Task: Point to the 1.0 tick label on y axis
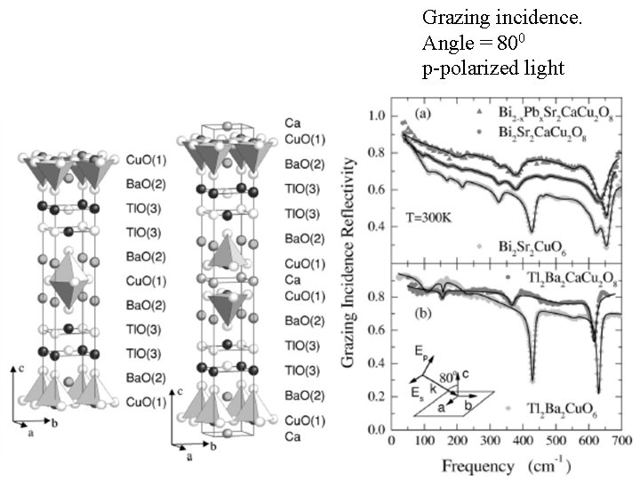pyautogui.click(x=379, y=116)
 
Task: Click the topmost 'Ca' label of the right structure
pyautogui.click(x=292, y=121)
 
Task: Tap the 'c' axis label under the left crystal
pyautogui.click(x=19, y=367)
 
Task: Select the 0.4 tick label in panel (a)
pyautogui.click(x=379, y=226)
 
